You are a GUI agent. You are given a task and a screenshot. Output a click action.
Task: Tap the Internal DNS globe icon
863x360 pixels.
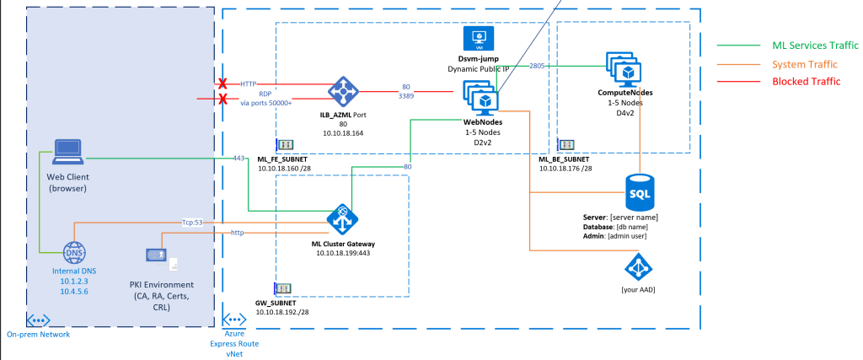pos(75,252)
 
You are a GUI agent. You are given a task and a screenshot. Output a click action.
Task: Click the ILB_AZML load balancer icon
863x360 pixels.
pos(343,91)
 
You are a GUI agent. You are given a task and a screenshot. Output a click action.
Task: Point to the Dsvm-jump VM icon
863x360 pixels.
pos(478,39)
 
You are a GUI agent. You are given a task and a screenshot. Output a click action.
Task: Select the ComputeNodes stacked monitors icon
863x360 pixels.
pos(624,68)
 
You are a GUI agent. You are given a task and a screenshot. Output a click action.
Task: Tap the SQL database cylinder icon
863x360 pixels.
pos(641,195)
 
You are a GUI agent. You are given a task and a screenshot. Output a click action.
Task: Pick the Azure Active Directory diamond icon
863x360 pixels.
pos(638,268)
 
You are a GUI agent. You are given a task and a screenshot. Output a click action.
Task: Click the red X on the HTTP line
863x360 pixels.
pos(223,84)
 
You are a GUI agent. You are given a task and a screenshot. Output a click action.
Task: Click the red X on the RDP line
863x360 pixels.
pos(223,99)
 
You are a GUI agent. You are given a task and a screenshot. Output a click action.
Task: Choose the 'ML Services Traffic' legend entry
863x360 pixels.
pos(814,45)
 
